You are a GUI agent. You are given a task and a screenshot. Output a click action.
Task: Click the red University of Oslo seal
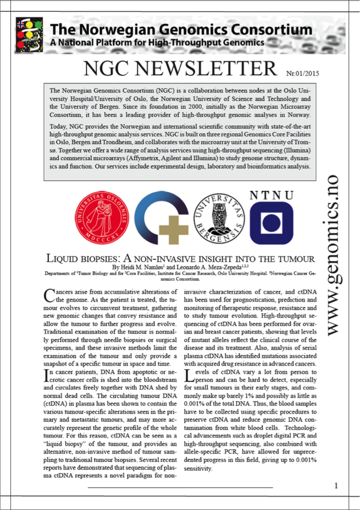102,215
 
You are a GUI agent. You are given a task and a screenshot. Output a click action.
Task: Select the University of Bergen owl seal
218,217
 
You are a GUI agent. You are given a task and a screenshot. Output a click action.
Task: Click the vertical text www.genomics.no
337,253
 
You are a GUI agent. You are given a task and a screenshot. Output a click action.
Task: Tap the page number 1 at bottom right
336,486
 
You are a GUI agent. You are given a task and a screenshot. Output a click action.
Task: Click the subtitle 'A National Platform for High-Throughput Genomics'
157,41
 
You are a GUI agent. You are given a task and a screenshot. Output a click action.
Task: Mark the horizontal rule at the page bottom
180,487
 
